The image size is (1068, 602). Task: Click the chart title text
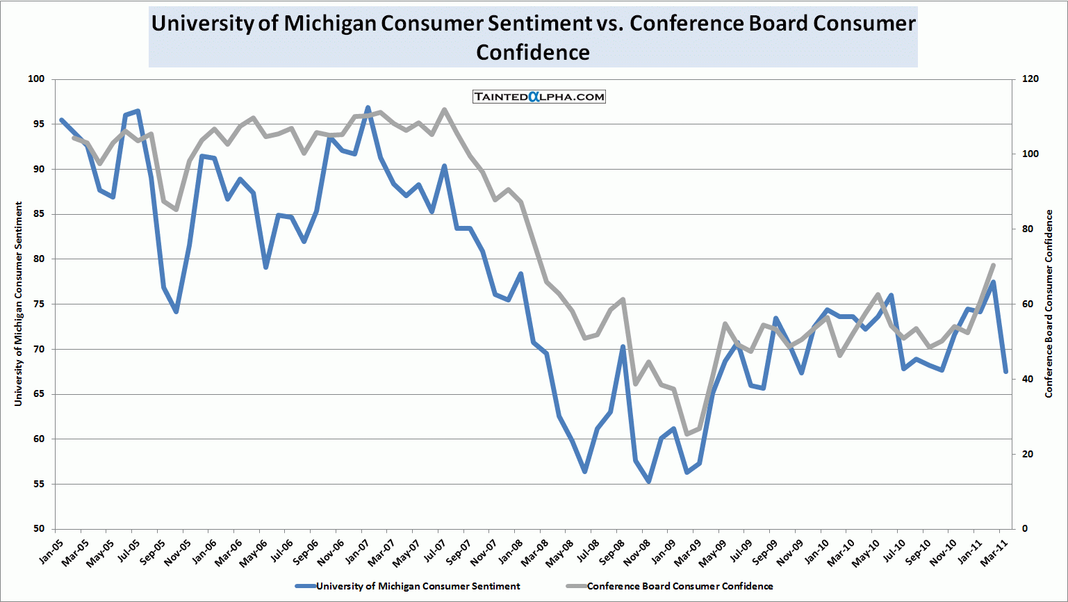[x=533, y=38]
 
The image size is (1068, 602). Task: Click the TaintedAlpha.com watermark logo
[x=539, y=97]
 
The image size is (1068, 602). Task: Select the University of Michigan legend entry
[x=418, y=586]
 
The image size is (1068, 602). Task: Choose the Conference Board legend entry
[x=680, y=586]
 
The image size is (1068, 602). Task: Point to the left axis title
[x=19, y=304]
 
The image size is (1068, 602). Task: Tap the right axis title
[x=1049, y=304]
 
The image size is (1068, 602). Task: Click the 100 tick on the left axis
[x=36, y=79]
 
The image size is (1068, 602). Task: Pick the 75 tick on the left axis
[x=39, y=304]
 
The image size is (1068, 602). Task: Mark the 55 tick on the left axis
[x=39, y=484]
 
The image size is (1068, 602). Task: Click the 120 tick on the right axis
[x=1030, y=79]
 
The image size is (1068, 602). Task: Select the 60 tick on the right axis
[x=1028, y=304]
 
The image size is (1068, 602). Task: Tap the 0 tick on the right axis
[x=1025, y=529]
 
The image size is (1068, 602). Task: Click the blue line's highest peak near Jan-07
[x=368, y=108]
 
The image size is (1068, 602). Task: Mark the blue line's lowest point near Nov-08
[x=649, y=481]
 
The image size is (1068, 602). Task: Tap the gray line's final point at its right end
[x=993, y=265]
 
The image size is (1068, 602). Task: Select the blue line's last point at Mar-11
[x=1005, y=371]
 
